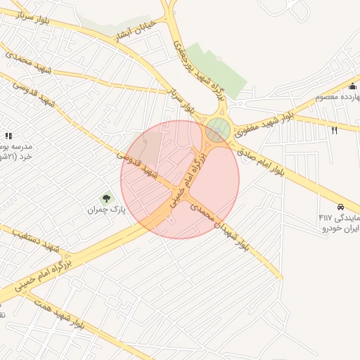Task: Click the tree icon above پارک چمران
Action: (107, 199)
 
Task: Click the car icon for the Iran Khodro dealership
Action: (341, 207)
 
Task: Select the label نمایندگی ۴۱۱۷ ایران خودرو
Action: (339, 223)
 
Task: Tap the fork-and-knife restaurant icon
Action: (334, 130)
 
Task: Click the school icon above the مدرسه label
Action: (9, 135)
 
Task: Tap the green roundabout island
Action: (218, 129)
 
